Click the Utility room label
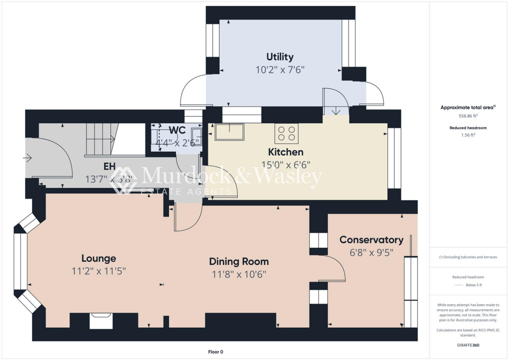click(280, 57)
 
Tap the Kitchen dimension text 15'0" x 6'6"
click(286, 165)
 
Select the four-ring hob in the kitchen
click(286, 133)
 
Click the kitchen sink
click(229, 132)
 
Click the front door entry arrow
click(27, 158)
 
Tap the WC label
click(177, 130)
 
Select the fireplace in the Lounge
click(101, 321)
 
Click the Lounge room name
click(99, 258)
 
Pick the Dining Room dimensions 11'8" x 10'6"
click(239, 274)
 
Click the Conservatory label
click(371, 240)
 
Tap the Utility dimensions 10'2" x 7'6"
click(280, 70)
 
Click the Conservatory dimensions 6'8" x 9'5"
click(371, 253)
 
